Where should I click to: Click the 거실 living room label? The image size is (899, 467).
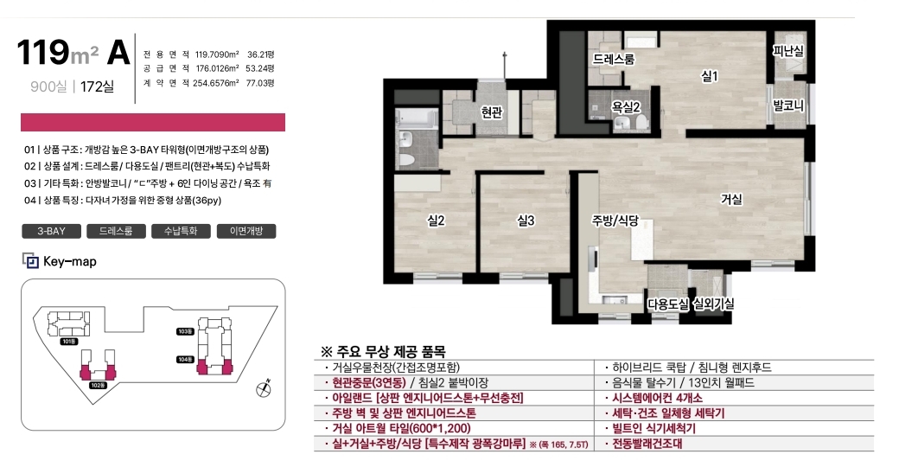[731, 199]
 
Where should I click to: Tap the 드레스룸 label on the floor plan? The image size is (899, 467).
[614, 59]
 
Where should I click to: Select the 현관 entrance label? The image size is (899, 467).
[492, 112]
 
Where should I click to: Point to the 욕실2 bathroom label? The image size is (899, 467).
[626, 106]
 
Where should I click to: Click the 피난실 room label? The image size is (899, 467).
[788, 51]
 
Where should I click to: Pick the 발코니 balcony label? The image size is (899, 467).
[788, 106]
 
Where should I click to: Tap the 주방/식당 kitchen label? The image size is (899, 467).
[615, 221]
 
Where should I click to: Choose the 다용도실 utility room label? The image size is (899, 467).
[668, 304]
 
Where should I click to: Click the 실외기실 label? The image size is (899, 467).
[714, 304]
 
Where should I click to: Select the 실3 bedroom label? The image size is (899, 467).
[526, 221]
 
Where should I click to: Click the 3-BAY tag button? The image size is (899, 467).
[52, 231]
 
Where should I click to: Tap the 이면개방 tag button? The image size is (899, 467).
[246, 231]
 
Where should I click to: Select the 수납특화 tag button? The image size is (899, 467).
[182, 231]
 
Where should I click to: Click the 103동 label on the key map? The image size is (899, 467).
[185, 331]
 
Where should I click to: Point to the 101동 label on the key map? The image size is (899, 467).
[69, 342]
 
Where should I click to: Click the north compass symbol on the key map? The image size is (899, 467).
[264, 388]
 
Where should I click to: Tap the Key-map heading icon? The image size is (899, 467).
[30, 261]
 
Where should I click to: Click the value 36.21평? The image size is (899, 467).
[261, 54]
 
